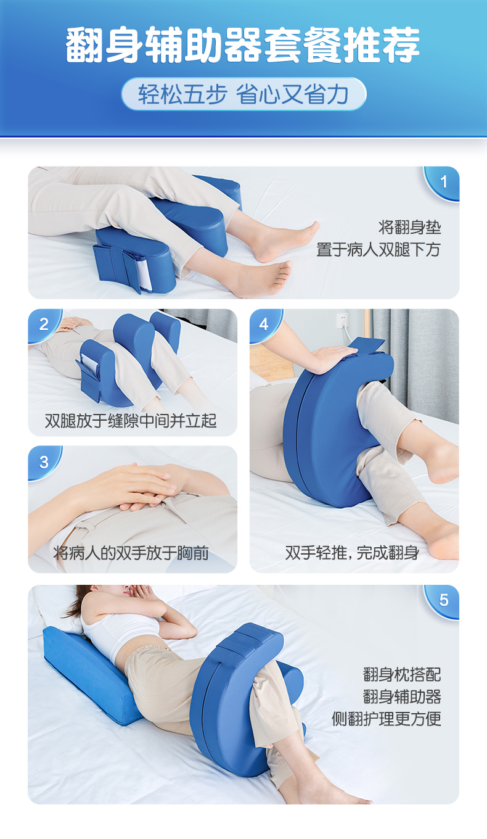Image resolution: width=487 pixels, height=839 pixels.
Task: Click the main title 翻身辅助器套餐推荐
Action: tap(242, 44)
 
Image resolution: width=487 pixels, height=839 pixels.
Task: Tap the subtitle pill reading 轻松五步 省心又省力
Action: tap(243, 94)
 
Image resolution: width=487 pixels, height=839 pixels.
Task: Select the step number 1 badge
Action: tap(442, 183)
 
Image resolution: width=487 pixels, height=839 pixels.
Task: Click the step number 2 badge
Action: tap(44, 324)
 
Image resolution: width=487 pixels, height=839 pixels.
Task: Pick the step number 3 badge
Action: tap(44, 463)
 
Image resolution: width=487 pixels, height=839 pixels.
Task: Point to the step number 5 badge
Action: tap(442, 601)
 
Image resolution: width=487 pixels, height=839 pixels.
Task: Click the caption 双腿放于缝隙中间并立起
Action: tap(131, 421)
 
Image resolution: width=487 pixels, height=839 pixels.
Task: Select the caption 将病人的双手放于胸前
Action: tap(131, 553)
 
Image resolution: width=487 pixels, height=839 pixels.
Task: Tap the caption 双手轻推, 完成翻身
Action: tap(352, 553)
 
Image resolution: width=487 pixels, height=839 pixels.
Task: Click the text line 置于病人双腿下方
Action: tap(379, 250)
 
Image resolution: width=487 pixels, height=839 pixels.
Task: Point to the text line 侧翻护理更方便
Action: tap(387, 719)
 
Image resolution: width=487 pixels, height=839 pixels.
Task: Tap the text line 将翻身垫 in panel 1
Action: tap(409, 228)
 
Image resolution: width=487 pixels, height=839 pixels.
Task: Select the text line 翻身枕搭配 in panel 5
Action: tap(402, 674)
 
